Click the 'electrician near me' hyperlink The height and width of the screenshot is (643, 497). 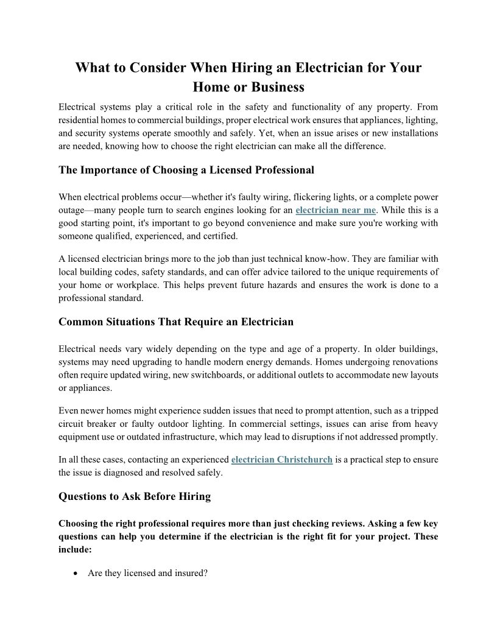[x=336, y=210]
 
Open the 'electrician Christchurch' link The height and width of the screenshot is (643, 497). [x=282, y=459]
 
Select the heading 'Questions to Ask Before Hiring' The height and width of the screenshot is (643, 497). [x=135, y=496]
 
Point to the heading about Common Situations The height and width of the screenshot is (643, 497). [x=176, y=321]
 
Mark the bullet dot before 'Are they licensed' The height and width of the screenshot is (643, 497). [x=74, y=574]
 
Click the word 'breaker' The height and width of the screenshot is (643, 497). [x=109, y=424]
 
